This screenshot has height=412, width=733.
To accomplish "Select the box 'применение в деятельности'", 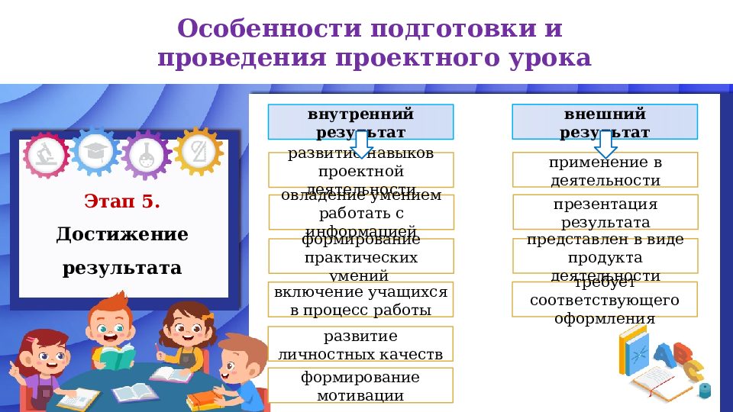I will [604, 171].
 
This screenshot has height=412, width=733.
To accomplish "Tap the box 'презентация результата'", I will [604, 213].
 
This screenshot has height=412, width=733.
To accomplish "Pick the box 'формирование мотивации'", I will [360, 386].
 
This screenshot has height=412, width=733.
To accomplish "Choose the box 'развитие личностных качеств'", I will [360, 345].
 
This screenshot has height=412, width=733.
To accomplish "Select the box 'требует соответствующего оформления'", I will [604, 300].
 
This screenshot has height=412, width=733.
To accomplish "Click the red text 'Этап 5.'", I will [122, 202].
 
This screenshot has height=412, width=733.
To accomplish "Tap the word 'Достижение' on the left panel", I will [122, 234].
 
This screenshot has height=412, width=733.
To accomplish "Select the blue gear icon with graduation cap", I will [95, 151].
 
